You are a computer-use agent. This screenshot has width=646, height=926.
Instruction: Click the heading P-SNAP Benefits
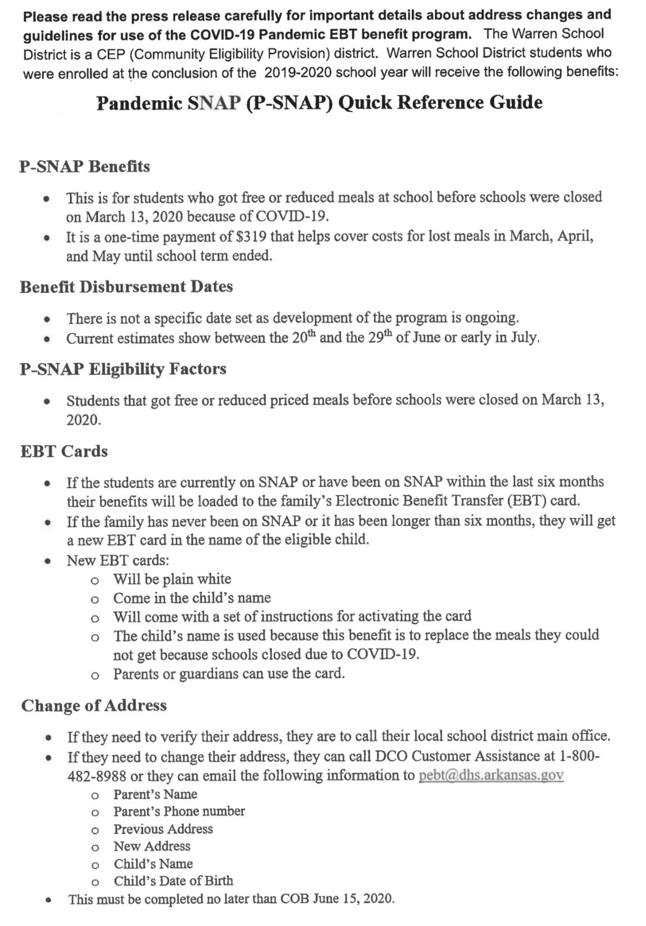click(84, 166)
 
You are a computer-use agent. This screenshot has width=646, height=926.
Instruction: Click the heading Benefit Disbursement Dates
click(126, 287)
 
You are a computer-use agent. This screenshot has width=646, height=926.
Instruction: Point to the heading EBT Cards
click(64, 451)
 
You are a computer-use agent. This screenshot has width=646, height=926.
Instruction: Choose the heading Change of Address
click(94, 705)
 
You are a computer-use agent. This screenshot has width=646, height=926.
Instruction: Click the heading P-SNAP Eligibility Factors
click(123, 369)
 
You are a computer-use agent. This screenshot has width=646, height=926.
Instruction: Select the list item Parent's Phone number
click(179, 811)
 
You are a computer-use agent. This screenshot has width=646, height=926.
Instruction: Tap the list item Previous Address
click(163, 829)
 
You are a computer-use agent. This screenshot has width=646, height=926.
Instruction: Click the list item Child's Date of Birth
click(173, 881)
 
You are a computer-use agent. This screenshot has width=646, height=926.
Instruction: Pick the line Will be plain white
click(172, 579)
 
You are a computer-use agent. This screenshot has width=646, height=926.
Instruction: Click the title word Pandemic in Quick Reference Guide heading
click(139, 103)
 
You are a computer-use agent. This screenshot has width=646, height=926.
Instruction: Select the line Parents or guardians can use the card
click(229, 674)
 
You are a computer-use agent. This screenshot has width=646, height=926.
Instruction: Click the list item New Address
click(152, 846)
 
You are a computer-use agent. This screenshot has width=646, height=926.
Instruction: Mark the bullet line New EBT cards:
click(118, 560)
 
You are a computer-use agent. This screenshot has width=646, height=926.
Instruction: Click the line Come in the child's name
click(192, 598)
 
